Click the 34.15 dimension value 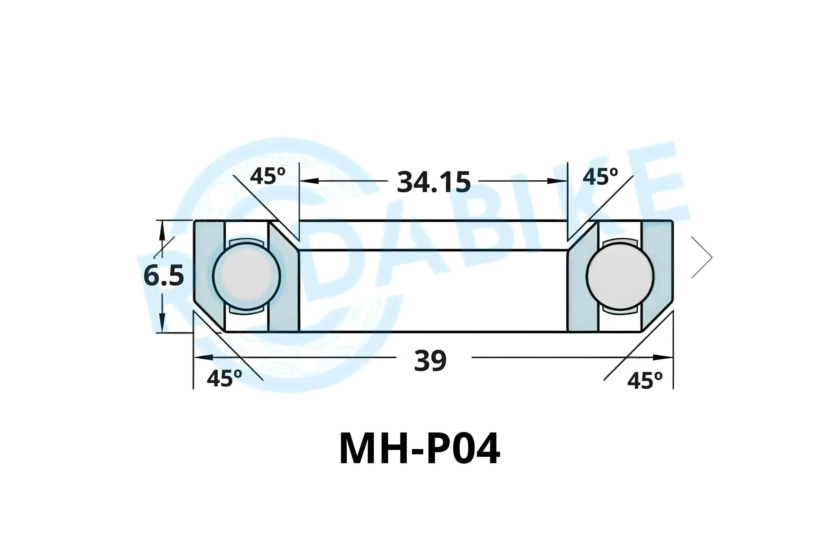pos(434,182)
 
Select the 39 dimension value pos(430,361)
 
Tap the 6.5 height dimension pos(164,276)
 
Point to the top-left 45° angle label pos(267,176)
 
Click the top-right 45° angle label pos(600,177)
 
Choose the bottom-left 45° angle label pos(224,378)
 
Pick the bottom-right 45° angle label pos(645,381)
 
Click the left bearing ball pos(246,276)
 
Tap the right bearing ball pos(620,276)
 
